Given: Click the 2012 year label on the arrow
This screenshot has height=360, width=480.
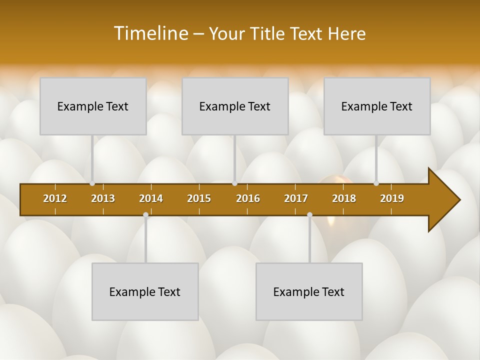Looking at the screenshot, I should (55, 198).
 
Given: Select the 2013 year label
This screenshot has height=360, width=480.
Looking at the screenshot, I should (103, 198).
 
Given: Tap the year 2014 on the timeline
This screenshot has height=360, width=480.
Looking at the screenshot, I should (151, 198).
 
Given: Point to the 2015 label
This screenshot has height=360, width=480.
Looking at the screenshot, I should (199, 198).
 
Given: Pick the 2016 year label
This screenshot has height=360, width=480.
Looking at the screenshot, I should (248, 198).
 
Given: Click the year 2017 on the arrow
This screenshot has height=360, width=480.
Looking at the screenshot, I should (296, 198).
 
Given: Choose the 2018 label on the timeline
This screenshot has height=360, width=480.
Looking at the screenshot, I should (344, 198).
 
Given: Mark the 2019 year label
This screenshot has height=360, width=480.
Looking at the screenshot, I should (392, 198).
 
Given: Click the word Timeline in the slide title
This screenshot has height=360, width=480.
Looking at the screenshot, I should (149, 33).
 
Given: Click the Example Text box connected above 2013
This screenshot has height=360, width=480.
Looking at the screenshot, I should (93, 106).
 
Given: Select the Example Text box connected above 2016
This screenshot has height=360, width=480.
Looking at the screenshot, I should (235, 106).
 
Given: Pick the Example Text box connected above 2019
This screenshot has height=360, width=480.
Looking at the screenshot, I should (377, 106).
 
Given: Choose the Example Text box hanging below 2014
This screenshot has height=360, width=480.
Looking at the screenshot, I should (145, 291).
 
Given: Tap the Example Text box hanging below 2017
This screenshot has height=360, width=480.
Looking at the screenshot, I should (309, 291).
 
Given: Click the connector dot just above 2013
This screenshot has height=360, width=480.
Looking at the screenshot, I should (92, 183).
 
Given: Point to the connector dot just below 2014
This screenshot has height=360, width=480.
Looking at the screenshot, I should (145, 215).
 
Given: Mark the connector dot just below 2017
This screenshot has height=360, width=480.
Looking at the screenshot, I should (309, 215).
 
